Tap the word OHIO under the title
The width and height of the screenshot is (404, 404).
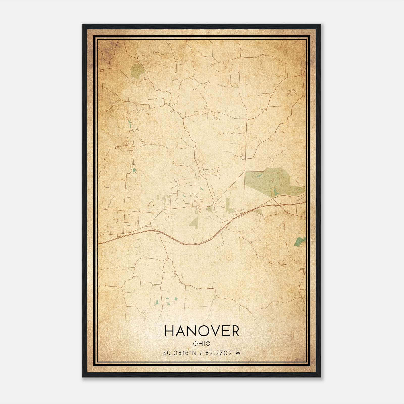click(x=202, y=344)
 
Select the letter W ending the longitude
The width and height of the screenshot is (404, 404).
click(x=238, y=353)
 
